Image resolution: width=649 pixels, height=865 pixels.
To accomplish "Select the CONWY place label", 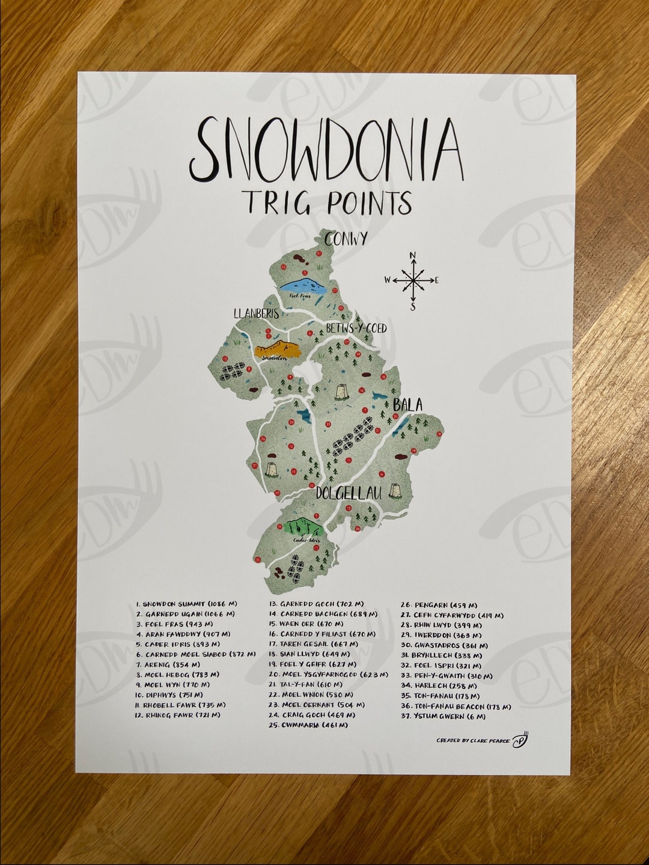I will click(x=345, y=239).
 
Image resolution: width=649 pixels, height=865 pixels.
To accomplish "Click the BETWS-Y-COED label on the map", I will click(x=356, y=329).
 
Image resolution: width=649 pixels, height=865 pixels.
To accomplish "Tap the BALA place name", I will click(x=407, y=405).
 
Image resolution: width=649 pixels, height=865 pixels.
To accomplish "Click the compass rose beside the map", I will click(x=413, y=280).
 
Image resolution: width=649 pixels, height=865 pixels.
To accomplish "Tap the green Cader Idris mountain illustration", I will click(x=303, y=527).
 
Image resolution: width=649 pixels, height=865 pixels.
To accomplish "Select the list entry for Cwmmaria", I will click(x=308, y=726).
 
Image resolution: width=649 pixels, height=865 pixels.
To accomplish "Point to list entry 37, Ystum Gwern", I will click(x=443, y=717).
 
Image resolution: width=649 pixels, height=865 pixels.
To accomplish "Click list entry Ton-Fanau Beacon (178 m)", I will click(x=456, y=706).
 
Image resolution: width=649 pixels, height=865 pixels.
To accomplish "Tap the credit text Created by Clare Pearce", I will click(x=473, y=741).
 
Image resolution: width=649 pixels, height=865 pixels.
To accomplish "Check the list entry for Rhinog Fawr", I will click(x=178, y=715).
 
